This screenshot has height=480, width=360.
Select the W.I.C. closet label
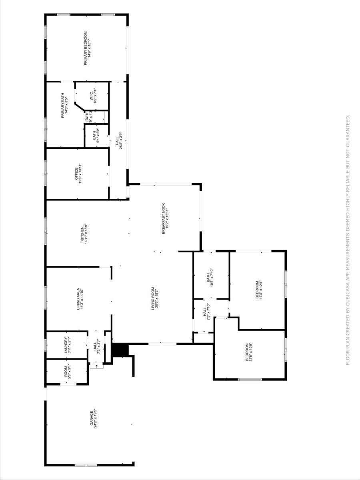[x=93, y=96]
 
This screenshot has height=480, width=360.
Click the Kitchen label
[x=84, y=234]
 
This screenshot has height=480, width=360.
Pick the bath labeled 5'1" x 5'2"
[x=96, y=136]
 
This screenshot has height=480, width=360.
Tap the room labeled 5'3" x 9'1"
[x=68, y=372]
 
